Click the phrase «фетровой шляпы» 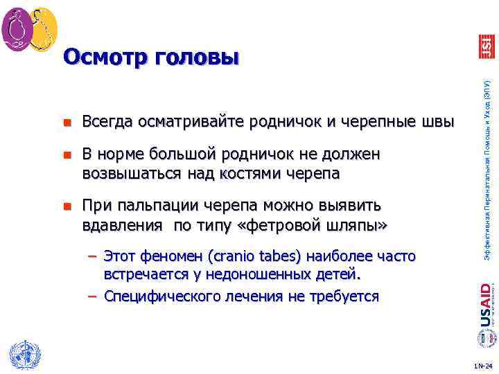pyautogui.click(x=318, y=225)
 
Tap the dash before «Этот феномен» pyautogui.click(x=92, y=257)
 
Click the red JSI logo pyautogui.click(x=487, y=44)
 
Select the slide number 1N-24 pyautogui.click(x=482, y=365)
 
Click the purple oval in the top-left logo pyautogui.click(x=17, y=28)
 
